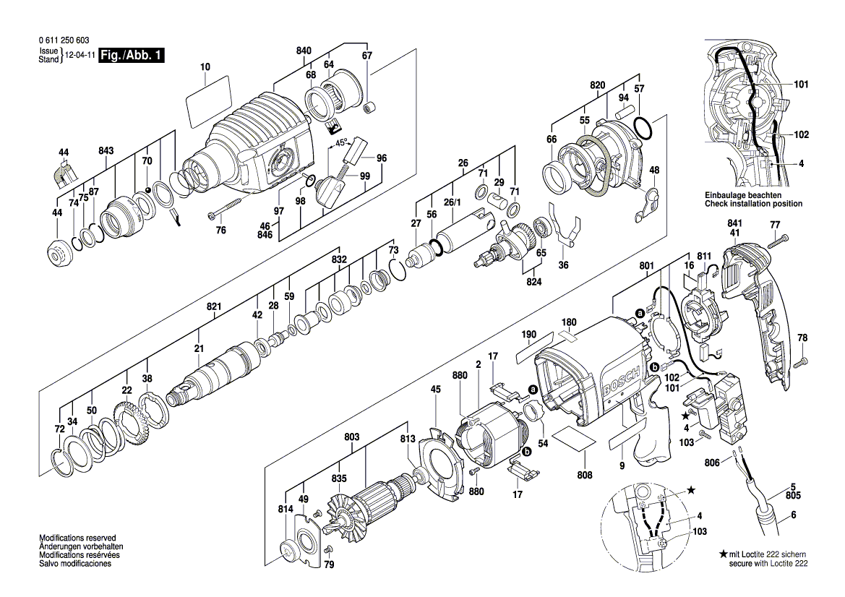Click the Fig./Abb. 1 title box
pos(132,55)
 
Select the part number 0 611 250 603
pos(64,40)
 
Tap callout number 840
pos(304,51)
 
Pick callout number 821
pos(214,306)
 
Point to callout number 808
pos(585,475)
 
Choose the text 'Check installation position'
pos(753,204)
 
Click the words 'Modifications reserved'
pos(77,538)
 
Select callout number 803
pos(352,437)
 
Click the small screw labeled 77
pos(778,242)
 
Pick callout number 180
pos(569,322)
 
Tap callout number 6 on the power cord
pos(794,515)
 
